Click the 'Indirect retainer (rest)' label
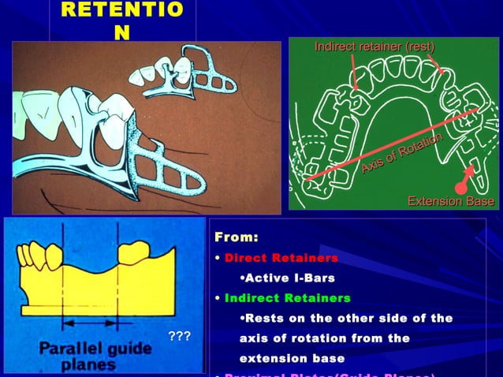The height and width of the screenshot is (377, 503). [x=374, y=47]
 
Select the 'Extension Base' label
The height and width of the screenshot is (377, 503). [x=450, y=202]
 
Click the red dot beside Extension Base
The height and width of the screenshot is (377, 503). [x=460, y=188]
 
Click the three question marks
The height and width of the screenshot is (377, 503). [x=181, y=338]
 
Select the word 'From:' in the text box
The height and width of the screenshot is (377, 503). [x=237, y=237]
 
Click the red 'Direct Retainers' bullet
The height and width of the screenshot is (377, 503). [x=281, y=258]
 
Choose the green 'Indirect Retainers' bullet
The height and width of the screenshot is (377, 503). [x=287, y=298]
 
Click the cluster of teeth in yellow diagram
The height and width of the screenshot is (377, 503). [x=40, y=255]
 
